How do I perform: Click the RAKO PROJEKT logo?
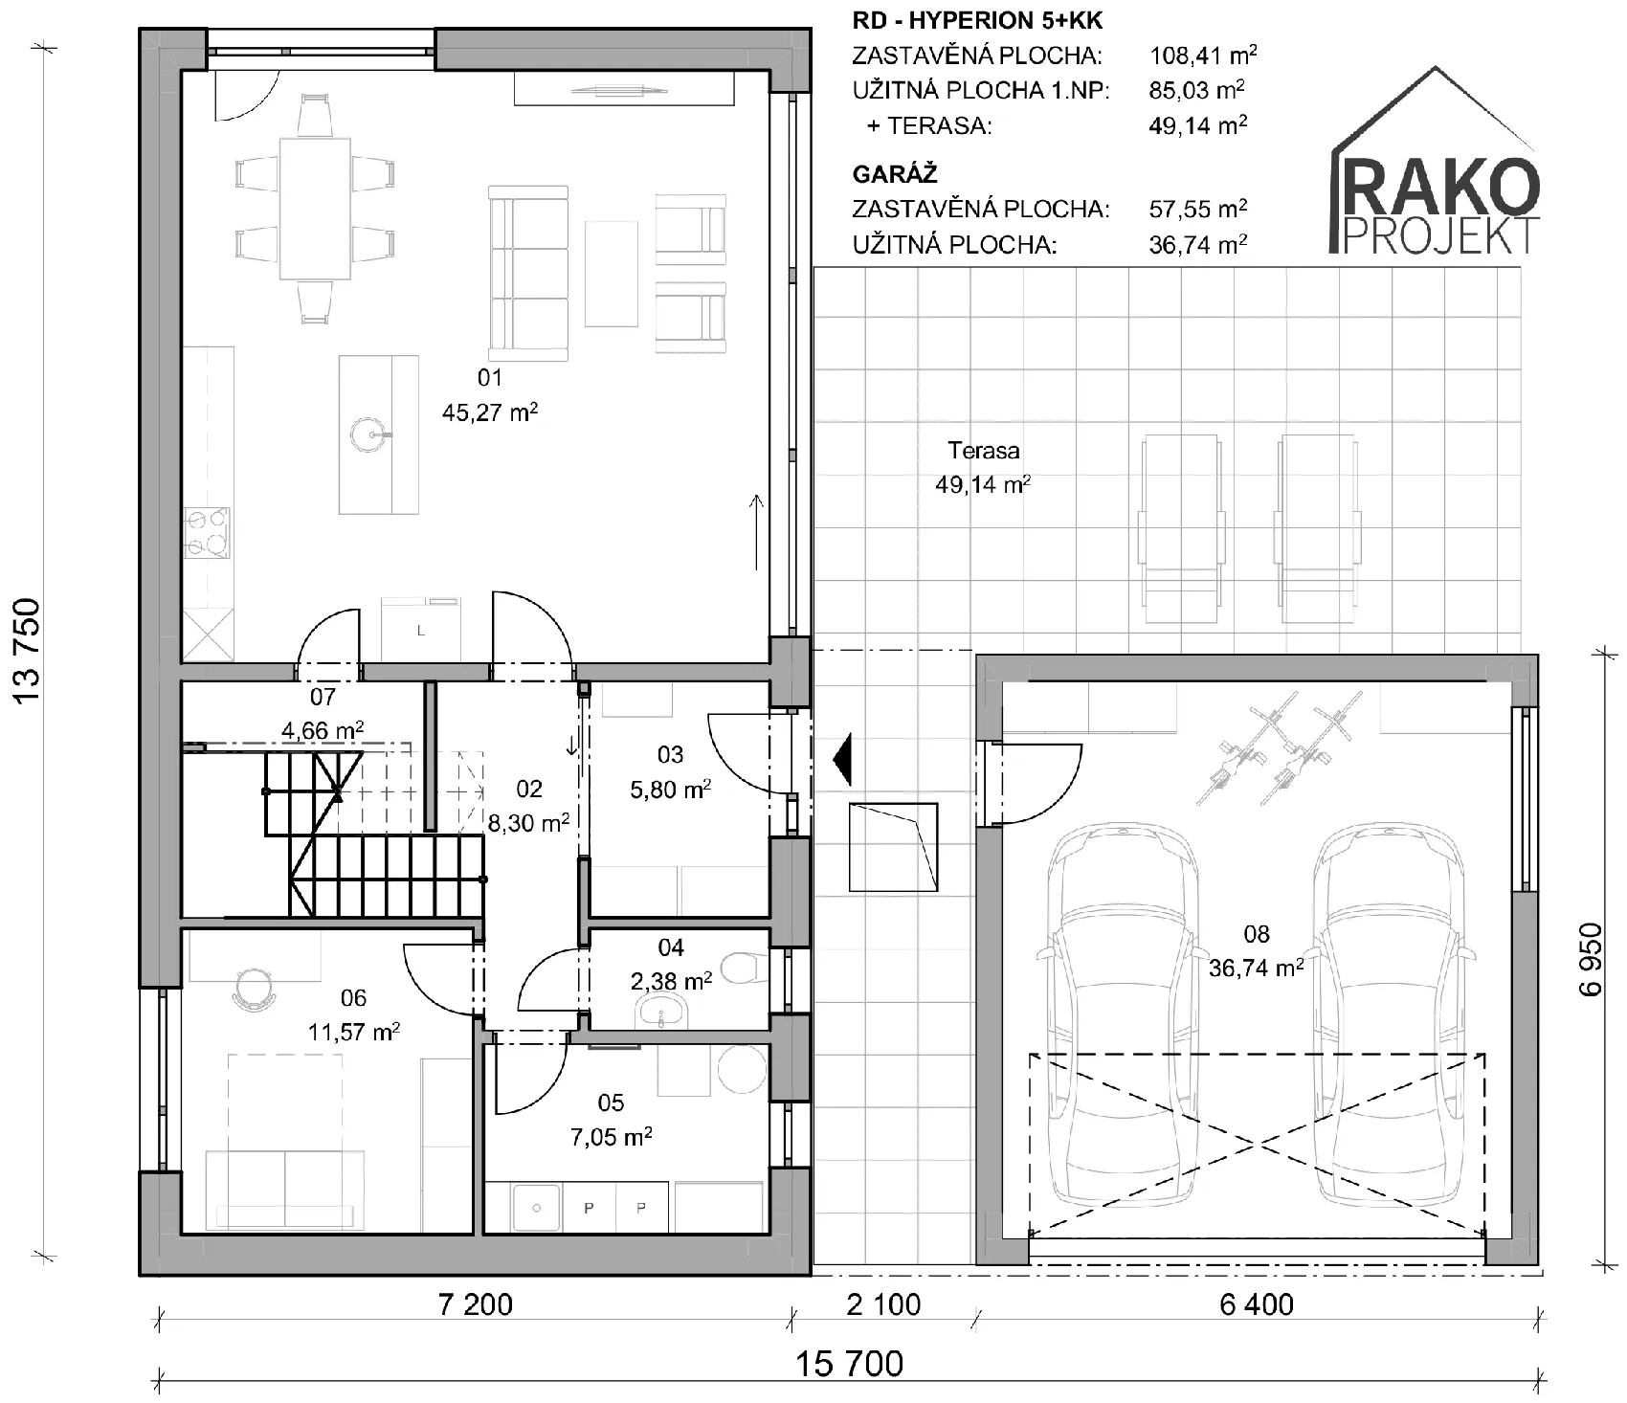(x=1436, y=163)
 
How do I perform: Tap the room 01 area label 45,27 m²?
(x=490, y=412)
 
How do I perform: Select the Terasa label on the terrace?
(x=983, y=450)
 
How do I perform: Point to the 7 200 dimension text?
(x=476, y=1304)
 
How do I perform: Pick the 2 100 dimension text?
(x=884, y=1304)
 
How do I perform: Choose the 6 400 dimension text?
(x=1257, y=1304)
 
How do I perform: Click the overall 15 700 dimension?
(x=851, y=1363)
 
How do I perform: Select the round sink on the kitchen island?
(x=369, y=434)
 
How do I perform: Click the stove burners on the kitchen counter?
(x=208, y=533)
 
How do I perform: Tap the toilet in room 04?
(x=744, y=968)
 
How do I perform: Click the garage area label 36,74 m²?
(x=1256, y=969)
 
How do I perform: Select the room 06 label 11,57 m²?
(x=353, y=1033)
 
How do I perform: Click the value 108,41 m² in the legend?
(x=1203, y=55)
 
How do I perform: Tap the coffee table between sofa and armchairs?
(x=612, y=274)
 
